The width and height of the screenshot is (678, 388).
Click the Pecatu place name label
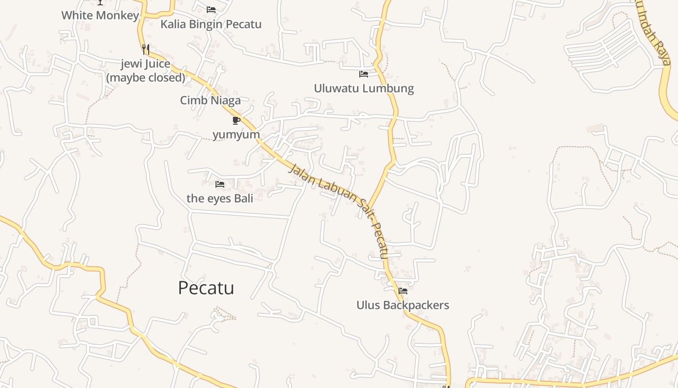click(206, 288)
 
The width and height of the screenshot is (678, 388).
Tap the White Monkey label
click(100, 15)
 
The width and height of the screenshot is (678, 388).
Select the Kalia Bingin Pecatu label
click(211, 24)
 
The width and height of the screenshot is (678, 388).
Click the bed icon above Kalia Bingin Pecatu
click(211, 9)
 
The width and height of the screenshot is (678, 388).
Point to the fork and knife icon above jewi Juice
click(146, 49)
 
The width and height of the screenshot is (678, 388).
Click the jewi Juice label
click(146, 64)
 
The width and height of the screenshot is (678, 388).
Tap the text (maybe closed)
click(146, 78)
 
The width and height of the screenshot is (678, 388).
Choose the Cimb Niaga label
click(210, 100)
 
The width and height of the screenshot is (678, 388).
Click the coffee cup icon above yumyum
click(236, 120)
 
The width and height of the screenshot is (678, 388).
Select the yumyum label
click(236, 134)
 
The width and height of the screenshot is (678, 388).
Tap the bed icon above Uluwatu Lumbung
click(364, 74)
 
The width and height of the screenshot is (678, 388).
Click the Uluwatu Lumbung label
click(364, 88)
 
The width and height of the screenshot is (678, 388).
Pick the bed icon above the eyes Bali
click(220, 184)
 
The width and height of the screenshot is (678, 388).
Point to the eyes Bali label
click(220, 198)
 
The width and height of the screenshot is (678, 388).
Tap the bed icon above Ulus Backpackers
click(403, 291)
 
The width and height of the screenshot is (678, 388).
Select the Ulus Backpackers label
click(403, 306)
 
